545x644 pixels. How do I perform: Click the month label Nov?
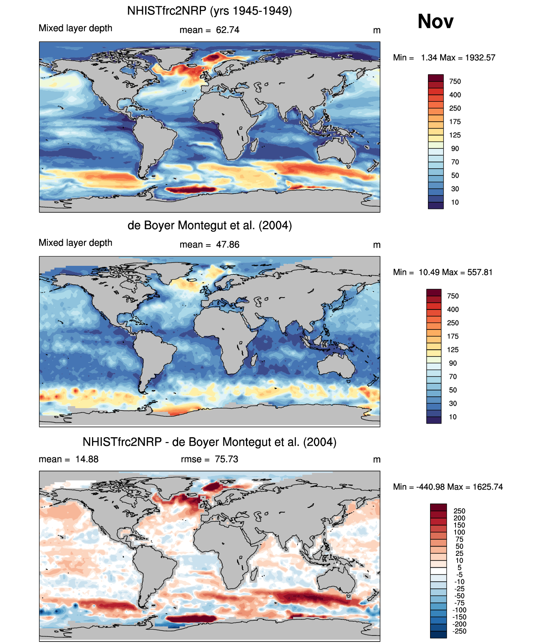coord(435,22)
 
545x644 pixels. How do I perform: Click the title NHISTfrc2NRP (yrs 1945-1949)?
coord(210,11)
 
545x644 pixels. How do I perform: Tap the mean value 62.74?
coord(227,30)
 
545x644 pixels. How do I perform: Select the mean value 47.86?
coord(227,245)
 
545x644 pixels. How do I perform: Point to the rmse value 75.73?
coord(226,459)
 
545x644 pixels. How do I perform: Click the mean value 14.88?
coord(87,459)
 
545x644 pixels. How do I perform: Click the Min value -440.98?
coord(427,487)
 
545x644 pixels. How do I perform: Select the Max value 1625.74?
coord(488,487)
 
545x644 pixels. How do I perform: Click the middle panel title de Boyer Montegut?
coord(210,225)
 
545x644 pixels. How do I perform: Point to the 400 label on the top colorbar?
coord(455,95)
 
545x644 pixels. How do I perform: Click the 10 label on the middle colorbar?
coord(453,417)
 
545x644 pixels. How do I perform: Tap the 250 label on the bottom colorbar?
coord(459,511)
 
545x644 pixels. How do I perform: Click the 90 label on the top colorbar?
coord(455,148)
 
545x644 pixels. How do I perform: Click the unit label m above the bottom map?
coord(377,460)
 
